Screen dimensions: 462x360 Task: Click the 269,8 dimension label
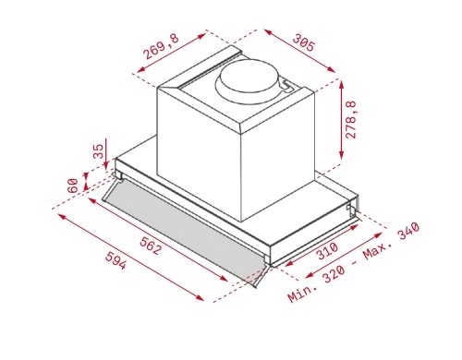point(161,46)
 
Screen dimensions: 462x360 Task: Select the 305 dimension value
point(304,42)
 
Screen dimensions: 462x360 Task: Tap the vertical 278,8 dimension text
point(350,119)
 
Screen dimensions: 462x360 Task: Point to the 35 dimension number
point(99,151)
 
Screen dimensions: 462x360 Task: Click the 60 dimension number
point(73,186)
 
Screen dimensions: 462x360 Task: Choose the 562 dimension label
point(151,246)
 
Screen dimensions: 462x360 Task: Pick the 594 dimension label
point(115,260)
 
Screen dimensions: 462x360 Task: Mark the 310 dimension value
point(327,251)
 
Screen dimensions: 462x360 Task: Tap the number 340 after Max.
point(408,231)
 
